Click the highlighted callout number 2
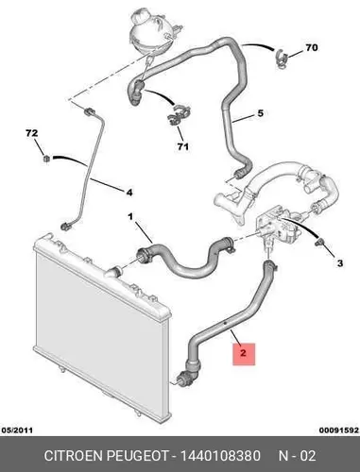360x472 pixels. pyautogui.click(x=243, y=353)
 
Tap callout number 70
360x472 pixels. pyautogui.click(x=311, y=48)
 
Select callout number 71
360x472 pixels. pyautogui.click(x=182, y=146)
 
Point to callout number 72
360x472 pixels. pyautogui.click(x=32, y=133)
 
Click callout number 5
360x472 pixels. pyautogui.click(x=260, y=113)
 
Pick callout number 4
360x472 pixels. pyautogui.click(x=129, y=192)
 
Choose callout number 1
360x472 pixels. pyautogui.click(x=130, y=216)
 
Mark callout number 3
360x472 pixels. pyautogui.click(x=340, y=263)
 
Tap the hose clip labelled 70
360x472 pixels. pyautogui.click(x=282, y=58)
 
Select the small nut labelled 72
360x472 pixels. pyautogui.click(x=46, y=159)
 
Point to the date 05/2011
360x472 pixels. pyautogui.click(x=17, y=430)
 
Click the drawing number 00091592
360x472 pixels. pyautogui.click(x=339, y=430)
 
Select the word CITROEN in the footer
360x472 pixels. pyautogui.click(x=74, y=456)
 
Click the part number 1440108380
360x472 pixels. pyautogui.click(x=220, y=456)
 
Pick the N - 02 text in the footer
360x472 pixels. pyautogui.click(x=297, y=456)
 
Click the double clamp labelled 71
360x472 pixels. pyautogui.click(x=179, y=114)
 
